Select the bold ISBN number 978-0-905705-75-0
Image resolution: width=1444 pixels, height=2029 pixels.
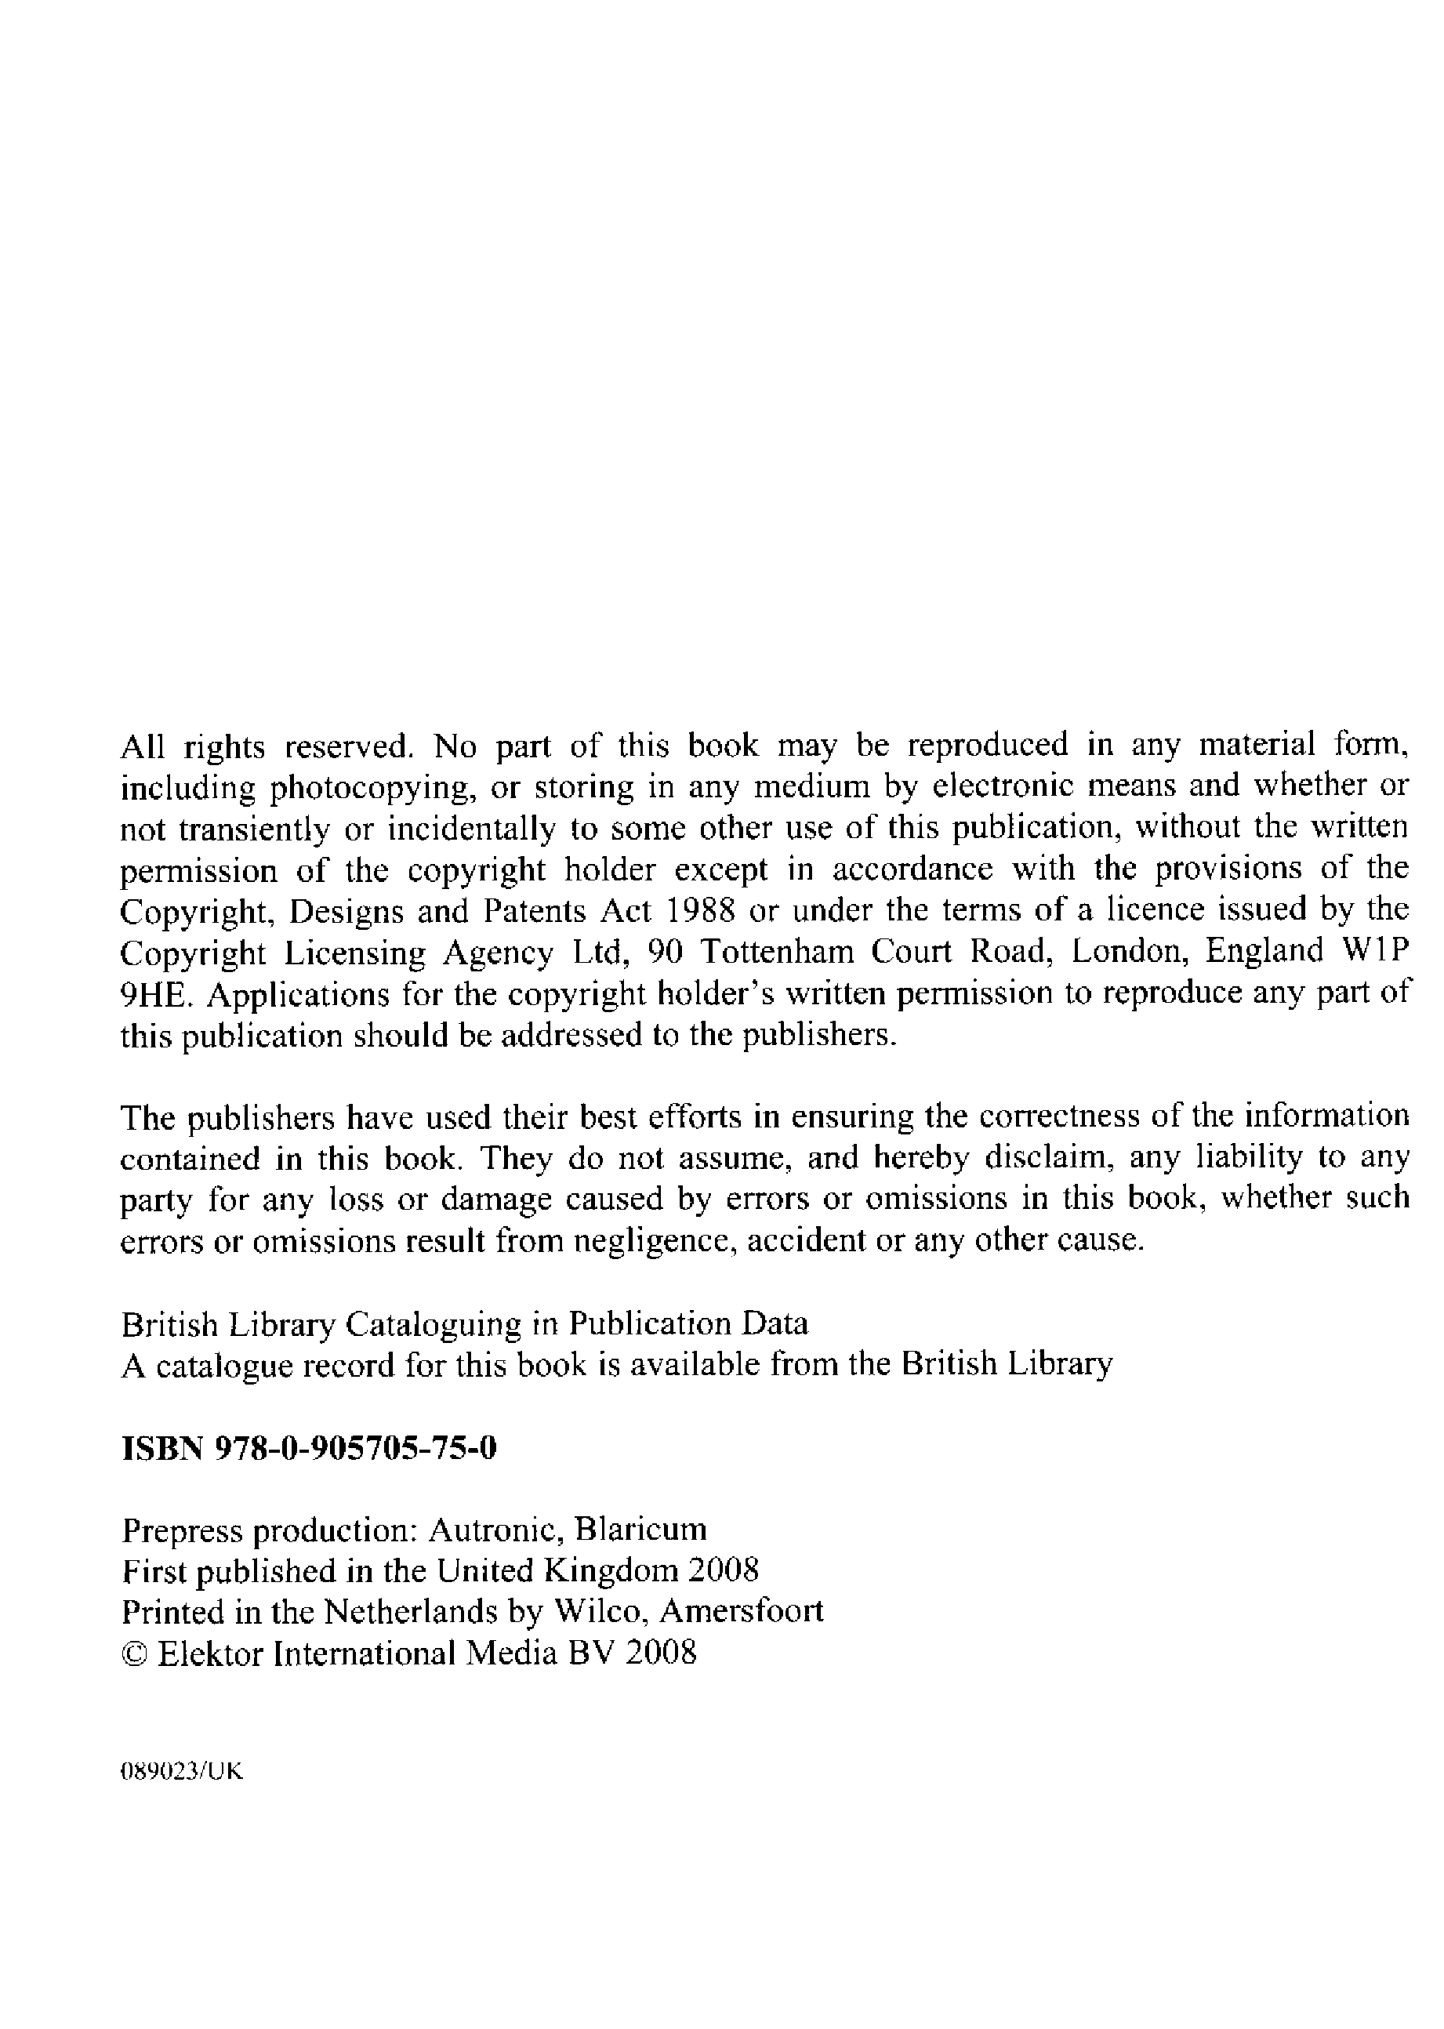click(x=357, y=1450)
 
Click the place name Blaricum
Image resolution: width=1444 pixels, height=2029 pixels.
click(x=641, y=1530)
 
